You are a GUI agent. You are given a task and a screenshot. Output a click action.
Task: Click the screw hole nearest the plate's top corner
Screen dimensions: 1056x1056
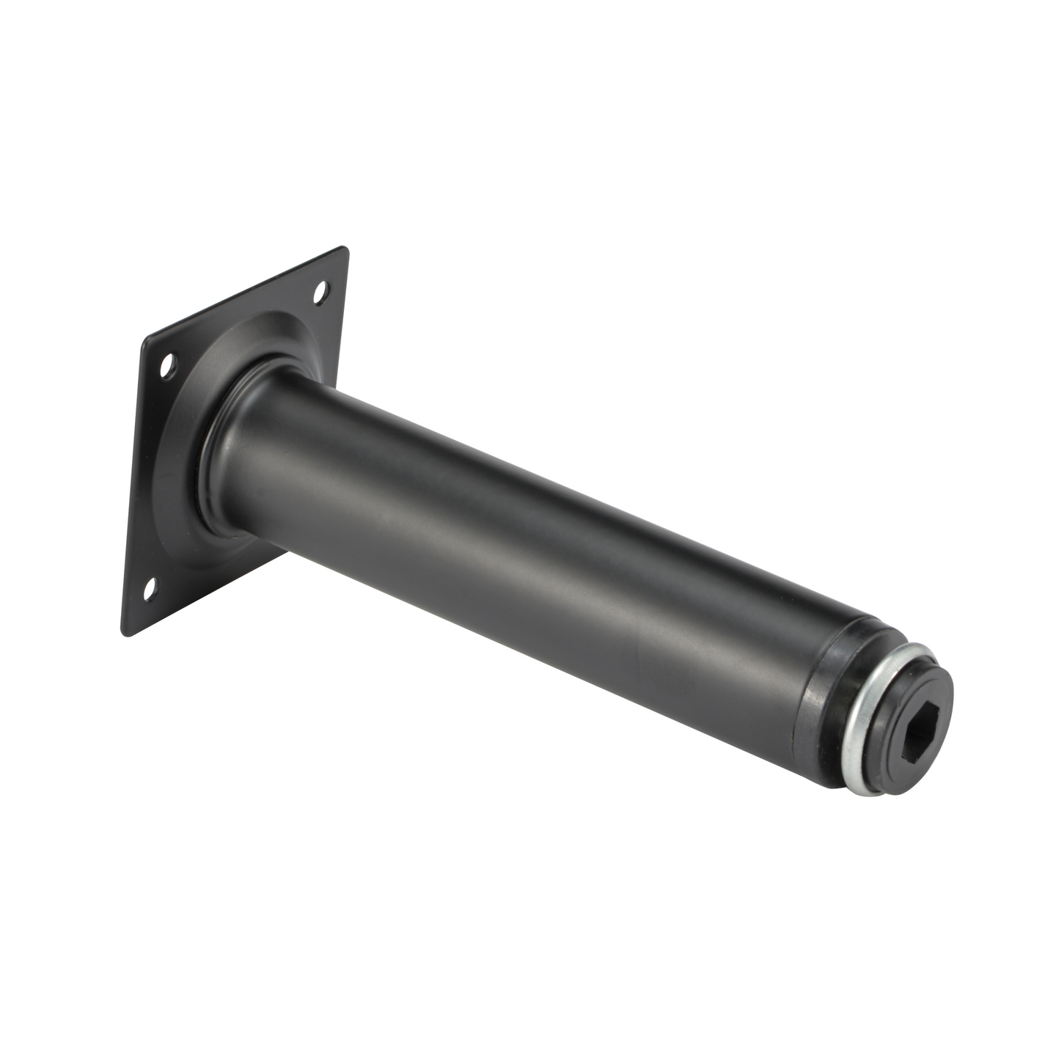point(320,294)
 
